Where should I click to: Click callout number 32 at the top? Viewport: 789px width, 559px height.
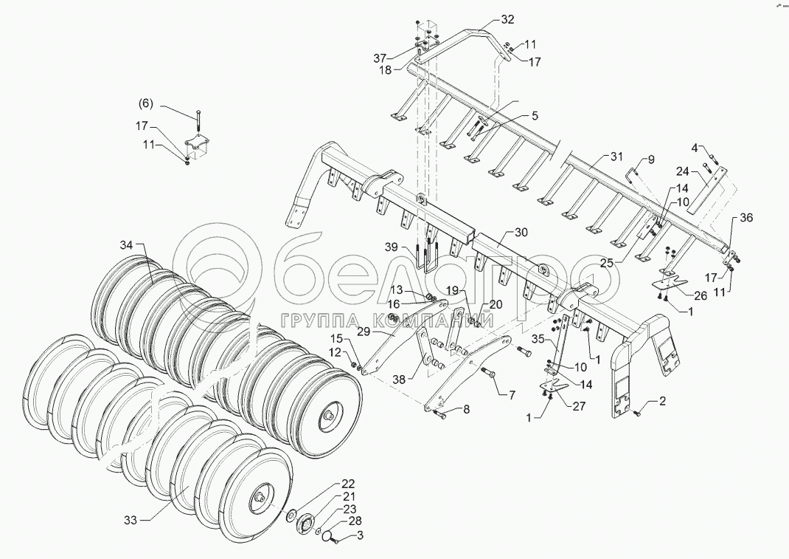pos(509,18)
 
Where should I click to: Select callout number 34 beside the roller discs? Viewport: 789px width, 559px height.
pos(127,244)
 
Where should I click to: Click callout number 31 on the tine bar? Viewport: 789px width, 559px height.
pos(616,157)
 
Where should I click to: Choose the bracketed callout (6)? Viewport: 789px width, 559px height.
pos(145,104)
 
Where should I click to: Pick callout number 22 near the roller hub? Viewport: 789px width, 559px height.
pos(348,484)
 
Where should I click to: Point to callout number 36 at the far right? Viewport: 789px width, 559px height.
pos(746,218)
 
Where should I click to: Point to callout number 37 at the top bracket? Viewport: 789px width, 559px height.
pos(380,58)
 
